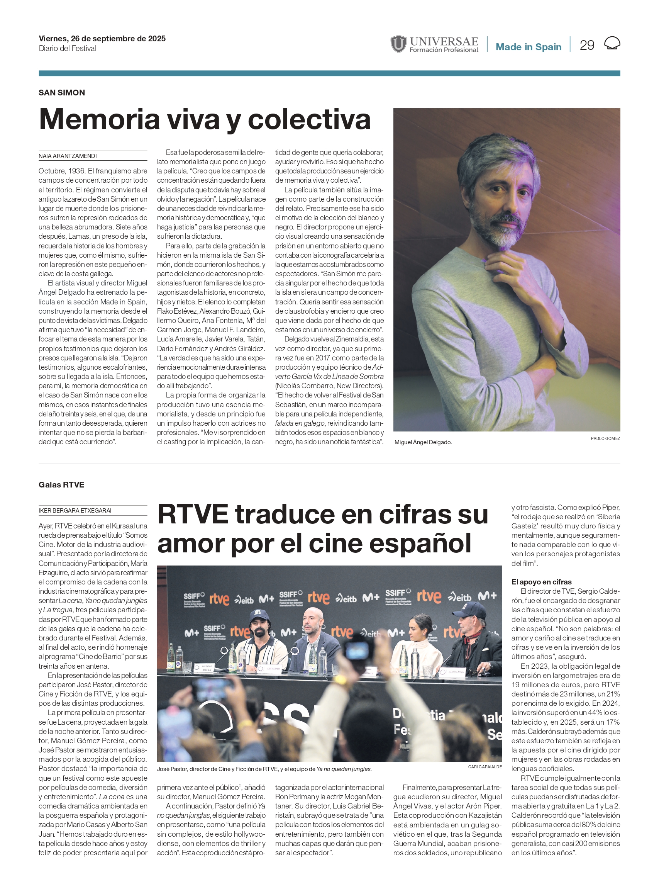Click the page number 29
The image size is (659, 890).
point(586,45)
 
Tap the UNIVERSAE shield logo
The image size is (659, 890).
point(398,44)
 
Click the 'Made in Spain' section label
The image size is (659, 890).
point(528,47)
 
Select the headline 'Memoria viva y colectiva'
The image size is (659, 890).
point(205,119)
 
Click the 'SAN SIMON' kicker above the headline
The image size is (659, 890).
point(62,93)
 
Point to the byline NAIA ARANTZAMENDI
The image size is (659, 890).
point(68,156)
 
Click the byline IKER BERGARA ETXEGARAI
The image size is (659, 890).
point(75,510)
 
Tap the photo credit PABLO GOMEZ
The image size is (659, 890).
point(605,438)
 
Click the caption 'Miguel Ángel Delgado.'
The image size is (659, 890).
point(423,442)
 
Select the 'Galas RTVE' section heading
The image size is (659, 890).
point(61,484)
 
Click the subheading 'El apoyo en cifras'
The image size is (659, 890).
point(541,582)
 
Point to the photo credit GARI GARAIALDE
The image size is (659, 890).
point(485,767)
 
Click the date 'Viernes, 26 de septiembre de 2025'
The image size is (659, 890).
point(102,39)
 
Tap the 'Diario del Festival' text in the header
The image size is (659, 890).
point(68,49)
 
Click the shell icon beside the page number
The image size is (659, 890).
point(612,44)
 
